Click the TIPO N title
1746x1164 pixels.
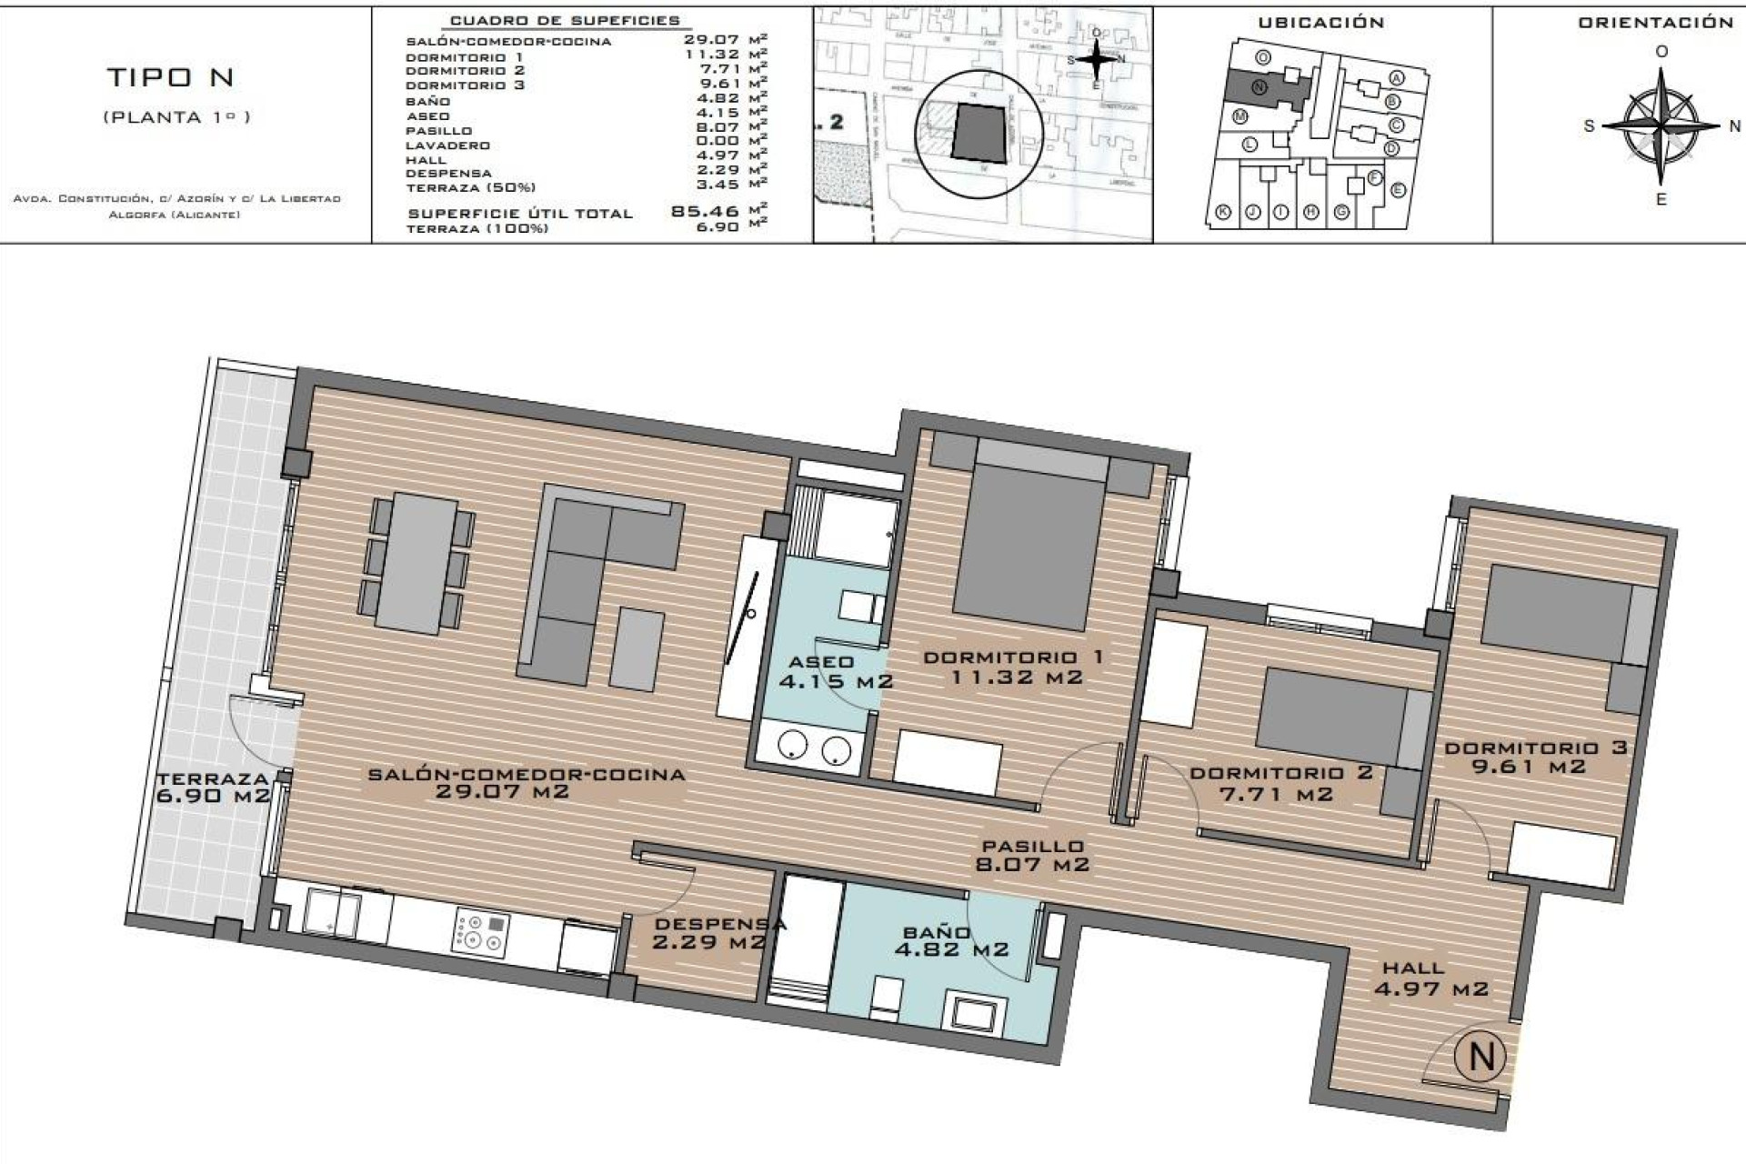[x=171, y=78]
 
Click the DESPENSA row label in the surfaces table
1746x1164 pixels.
[x=448, y=173]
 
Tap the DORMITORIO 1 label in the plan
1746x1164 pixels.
[x=1014, y=657]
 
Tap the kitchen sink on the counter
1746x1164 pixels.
[x=331, y=913]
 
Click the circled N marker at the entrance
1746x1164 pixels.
[x=1480, y=1057]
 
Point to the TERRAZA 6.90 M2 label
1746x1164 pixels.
[x=213, y=788]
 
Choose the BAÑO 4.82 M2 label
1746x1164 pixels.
[x=950, y=941]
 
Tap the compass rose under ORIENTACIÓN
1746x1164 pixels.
[x=1661, y=126]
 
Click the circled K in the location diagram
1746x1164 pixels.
[x=1224, y=212]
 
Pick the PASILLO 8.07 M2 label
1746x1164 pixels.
[x=1032, y=856]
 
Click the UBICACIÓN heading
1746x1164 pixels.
[x=1320, y=23]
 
